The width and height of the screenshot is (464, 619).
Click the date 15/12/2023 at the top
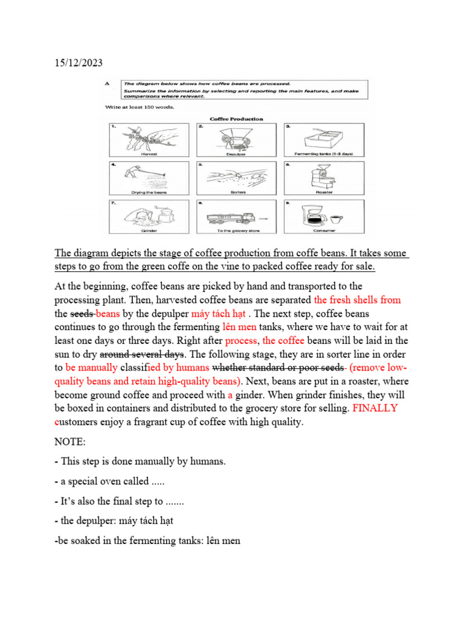(x=77, y=63)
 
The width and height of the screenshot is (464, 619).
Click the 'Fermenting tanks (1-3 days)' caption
(x=324, y=154)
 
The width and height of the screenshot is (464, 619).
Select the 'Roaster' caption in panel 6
(x=324, y=192)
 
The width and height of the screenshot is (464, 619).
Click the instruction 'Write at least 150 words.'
(x=131, y=107)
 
